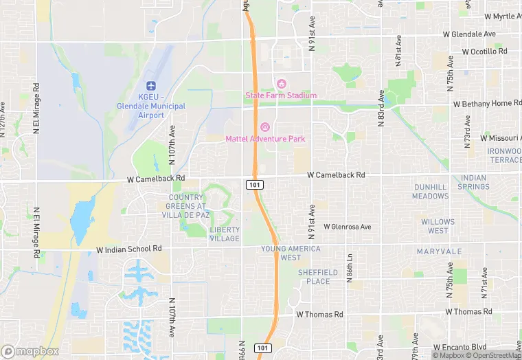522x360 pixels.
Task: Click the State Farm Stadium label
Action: (281, 95)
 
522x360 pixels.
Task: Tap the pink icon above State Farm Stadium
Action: (281, 84)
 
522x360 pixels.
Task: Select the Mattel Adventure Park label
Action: (265, 138)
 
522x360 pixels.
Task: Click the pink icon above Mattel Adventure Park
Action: (265, 127)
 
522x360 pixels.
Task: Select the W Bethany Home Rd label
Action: (488, 103)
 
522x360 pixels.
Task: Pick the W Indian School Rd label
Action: (129, 248)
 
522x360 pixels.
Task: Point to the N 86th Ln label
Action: (350, 262)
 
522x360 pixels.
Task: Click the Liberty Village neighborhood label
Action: (225, 234)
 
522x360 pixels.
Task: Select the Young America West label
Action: (291, 253)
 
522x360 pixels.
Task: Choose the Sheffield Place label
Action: (318, 277)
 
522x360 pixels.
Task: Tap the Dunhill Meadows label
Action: (430, 192)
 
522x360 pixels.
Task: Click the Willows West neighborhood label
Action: (438, 226)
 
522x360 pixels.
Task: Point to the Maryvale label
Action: (440, 251)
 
